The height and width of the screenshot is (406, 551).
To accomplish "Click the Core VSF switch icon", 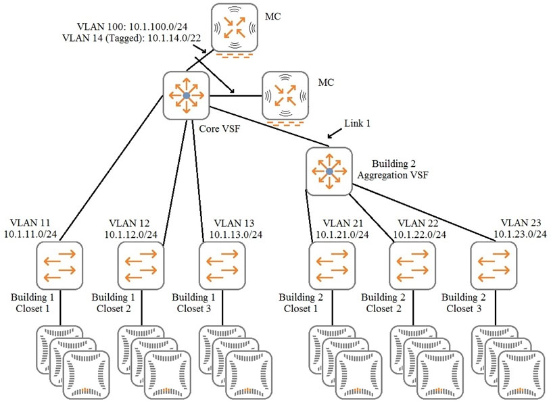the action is pos(186,95).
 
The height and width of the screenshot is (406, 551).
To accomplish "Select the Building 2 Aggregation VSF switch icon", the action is pos(329,171).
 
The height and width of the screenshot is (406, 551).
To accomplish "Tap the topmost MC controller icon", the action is pos(235,28).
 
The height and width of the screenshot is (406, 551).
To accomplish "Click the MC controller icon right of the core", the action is pos(285,95).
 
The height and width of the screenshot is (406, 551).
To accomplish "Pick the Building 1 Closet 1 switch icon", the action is pos(59,265).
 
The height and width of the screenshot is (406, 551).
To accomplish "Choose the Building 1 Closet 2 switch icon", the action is pos(141,265).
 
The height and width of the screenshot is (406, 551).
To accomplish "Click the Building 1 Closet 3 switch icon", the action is pos(222,265).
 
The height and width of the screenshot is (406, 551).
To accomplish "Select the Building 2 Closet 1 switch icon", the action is pos(332,265).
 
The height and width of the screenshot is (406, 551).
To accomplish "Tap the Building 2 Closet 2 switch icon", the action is pos(412,265).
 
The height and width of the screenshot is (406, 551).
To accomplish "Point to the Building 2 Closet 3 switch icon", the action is pos(494,265).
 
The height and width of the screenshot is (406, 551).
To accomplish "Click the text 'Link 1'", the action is pos(357,123).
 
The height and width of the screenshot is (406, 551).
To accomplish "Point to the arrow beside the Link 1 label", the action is pos(335,133).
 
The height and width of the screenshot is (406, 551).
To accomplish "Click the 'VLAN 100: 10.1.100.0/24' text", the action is pos(132,26).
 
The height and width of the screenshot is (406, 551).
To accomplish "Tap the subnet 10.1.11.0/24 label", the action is pos(30,234).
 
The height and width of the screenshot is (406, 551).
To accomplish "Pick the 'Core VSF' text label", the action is pos(220,128).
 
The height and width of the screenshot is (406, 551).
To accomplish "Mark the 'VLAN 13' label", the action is pos(234,223).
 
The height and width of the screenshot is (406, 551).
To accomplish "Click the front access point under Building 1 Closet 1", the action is pos(87,375).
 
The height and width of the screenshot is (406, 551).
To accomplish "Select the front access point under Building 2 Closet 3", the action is pos(521,375).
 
